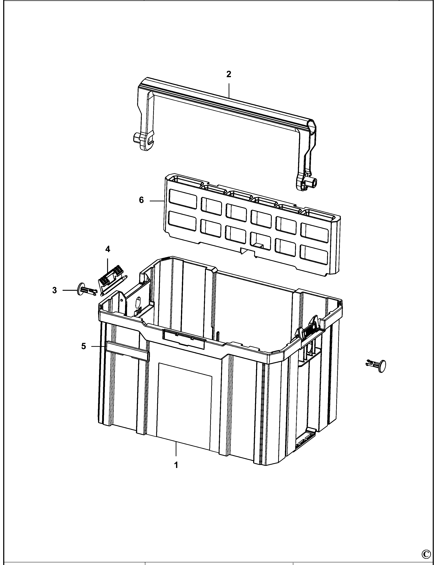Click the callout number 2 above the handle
(x=228, y=75)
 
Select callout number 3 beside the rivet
(x=54, y=291)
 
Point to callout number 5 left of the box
(x=83, y=346)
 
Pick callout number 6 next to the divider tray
(x=141, y=200)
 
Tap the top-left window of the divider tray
(x=183, y=199)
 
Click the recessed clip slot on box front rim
(x=184, y=339)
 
